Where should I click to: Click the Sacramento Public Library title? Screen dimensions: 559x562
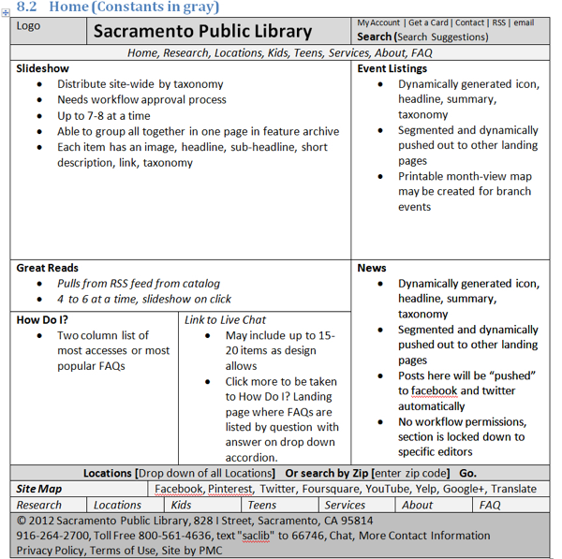pyautogui.click(x=202, y=31)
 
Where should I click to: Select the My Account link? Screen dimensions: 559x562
pyautogui.click(x=378, y=22)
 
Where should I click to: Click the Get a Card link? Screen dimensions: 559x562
pyautogui.click(x=428, y=22)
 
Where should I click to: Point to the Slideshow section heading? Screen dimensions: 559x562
pyautogui.click(x=42, y=68)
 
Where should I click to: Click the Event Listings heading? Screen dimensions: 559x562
pyautogui.click(x=392, y=68)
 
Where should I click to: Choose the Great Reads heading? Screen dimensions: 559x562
pyautogui.click(x=47, y=268)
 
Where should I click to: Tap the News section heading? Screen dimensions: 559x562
pyautogui.click(x=372, y=268)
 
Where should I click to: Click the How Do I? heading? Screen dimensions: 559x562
pyautogui.click(x=42, y=320)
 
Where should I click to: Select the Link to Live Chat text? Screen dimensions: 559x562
pyautogui.click(x=226, y=320)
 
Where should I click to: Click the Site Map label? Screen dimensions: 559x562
pyautogui.click(x=38, y=489)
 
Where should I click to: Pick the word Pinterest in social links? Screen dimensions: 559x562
pyautogui.click(x=229, y=489)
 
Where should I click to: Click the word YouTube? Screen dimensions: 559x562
pyautogui.click(x=387, y=489)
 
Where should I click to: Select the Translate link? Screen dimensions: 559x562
pyautogui.click(x=514, y=489)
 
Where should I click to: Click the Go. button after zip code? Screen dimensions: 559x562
pyautogui.click(x=467, y=473)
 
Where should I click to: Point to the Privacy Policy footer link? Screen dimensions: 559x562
pyautogui.click(x=50, y=551)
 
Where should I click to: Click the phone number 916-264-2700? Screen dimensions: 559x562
pyautogui.click(x=52, y=536)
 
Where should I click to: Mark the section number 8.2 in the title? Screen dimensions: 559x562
pyautogui.click(x=27, y=7)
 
